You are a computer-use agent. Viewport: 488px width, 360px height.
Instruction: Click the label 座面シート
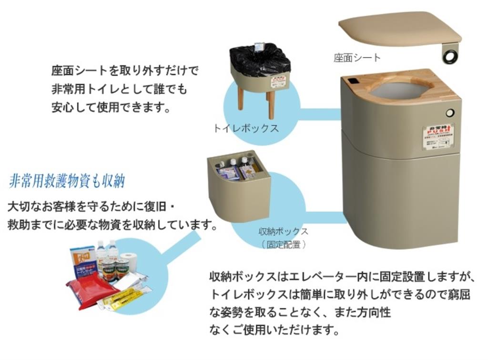point(357,58)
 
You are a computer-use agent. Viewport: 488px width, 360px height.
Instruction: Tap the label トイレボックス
point(245,128)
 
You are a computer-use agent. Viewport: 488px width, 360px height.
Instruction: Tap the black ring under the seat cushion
point(450,57)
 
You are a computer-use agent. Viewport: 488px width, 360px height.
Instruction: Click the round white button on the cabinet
point(449,113)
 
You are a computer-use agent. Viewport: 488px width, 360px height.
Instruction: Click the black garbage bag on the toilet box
point(260,59)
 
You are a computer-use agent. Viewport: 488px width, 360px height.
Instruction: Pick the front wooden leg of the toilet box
point(271,104)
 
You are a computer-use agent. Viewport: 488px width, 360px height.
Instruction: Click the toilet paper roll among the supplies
point(129,261)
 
